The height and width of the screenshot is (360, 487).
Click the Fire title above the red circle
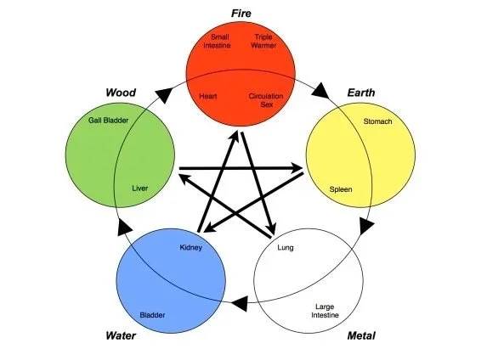tap(241, 12)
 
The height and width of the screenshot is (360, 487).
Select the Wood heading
tap(121, 92)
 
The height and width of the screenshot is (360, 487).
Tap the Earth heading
tap(362, 92)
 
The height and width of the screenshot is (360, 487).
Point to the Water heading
tap(121, 335)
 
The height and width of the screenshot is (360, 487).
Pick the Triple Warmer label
tap(263, 41)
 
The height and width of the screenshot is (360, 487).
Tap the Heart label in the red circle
tap(208, 97)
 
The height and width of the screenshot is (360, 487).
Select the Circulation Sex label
tap(265, 101)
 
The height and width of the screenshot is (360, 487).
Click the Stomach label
tap(377, 122)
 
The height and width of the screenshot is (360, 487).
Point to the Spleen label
tap(341, 188)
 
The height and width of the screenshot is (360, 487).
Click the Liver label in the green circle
tap(140, 188)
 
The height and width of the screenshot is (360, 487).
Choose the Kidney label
tap(190, 248)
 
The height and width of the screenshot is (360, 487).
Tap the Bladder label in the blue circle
tap(152, 315)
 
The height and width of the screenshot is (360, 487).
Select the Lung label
tap(286, 248)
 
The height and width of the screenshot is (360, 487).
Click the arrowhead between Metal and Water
tap(241, 301)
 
